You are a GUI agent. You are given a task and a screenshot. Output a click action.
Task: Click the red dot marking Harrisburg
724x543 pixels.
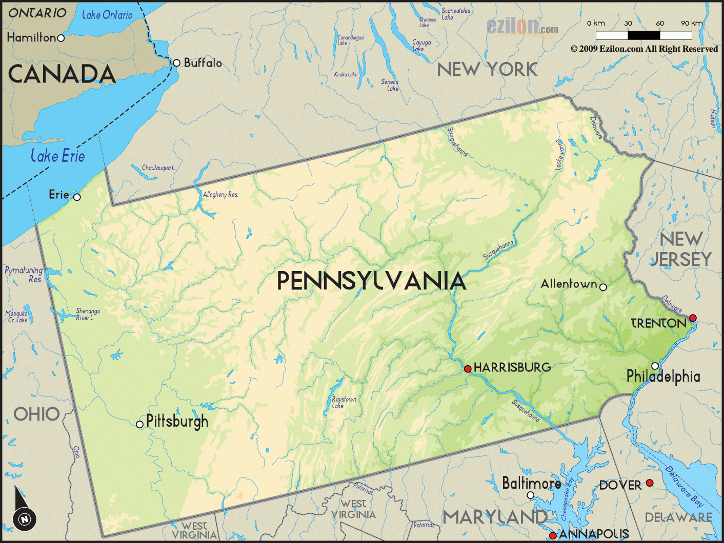[x=468, y=369]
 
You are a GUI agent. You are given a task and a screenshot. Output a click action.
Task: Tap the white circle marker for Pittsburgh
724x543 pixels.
[x=139, y=424]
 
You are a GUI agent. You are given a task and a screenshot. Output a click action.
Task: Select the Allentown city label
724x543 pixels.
[x=569, y=284]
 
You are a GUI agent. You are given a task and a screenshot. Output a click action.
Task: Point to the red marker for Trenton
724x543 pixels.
[x=693, y=318]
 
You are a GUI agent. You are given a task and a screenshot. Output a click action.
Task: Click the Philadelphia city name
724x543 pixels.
[x=663, y=377]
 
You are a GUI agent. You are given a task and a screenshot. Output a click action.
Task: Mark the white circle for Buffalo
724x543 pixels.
[x=176, y=63]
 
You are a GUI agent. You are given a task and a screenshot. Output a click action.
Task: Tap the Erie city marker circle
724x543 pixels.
[x=77, y=197]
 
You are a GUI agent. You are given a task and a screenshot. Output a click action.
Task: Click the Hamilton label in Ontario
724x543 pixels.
[x=31, y=37]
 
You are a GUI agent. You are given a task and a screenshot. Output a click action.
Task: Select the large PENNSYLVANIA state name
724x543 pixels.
[x=371, y=281]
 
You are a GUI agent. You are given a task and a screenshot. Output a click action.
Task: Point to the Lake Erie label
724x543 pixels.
[x=57, y=156]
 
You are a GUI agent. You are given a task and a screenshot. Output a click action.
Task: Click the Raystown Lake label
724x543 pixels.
[x=344, y=402]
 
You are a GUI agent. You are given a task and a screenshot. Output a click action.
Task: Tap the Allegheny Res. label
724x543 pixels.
[x=220, y=195]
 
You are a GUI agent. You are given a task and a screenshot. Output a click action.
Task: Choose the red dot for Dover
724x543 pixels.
[x=650, y=483]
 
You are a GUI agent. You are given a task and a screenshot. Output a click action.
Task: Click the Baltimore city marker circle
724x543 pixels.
[x=531, y=495]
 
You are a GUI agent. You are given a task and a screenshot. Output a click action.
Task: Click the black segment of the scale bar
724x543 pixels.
[x=643, y=35]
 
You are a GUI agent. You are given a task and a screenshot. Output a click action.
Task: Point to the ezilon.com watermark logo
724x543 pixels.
[x=522, y=27]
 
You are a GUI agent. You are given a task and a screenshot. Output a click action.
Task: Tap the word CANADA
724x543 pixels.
[x=62, y=74]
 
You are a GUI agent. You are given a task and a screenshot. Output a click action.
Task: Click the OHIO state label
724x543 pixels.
[x=36, y=414]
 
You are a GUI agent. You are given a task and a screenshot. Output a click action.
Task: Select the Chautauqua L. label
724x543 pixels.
[x=158, y=168]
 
